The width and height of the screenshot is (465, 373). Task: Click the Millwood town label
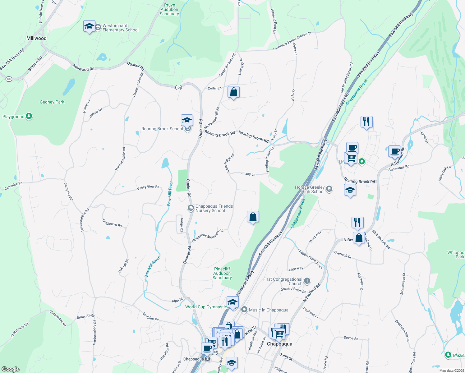pyautogui.click(x=36, y=38)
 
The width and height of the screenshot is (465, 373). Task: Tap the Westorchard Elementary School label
pyautogui.click(x=120, y=28)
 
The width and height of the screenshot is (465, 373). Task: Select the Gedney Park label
pyautogui.click(x=52, y=102)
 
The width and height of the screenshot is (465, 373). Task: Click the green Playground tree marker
pyautogui.click(x=29, y=116)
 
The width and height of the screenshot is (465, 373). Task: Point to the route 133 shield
pyautogui.click(x=9, y=79)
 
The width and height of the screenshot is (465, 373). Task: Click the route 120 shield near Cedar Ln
pyautogui.click(x=178, y=88)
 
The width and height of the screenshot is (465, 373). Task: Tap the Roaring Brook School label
pyautogui.click(x=162, y=129)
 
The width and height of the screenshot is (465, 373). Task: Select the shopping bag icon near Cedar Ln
pyautogui.click(x=233, y=92)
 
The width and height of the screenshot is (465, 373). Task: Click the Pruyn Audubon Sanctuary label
pyautogui.click(x=169, y=10)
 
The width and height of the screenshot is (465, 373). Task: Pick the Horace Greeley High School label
pyautogui.click(x=310, y=189)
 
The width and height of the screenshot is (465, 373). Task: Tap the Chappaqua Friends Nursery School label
pyautogui.click(x=214, y=208)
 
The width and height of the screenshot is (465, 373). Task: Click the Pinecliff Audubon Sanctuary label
pyautogui.click(x=222, y=273)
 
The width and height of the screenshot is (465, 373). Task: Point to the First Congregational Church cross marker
pyautogui.click(x=307, y=281)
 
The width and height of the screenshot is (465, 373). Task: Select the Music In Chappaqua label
pyautogui.click(x=269, y=310)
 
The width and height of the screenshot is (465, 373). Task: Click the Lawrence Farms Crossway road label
pyautogui.click(x=292, y=41)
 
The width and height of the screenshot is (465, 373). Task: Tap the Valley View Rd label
pyautogui.click(x=148, y=187)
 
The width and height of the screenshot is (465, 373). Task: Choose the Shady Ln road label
pyautogui.click(x=248, y=173)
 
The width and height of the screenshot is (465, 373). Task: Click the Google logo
pyautogui.click(x=10, y=369)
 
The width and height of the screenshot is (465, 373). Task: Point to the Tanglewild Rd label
pyautogui.click(x=112, y=223)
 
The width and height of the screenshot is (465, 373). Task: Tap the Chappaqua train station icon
pyautogui.click(x=208, y=359)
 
